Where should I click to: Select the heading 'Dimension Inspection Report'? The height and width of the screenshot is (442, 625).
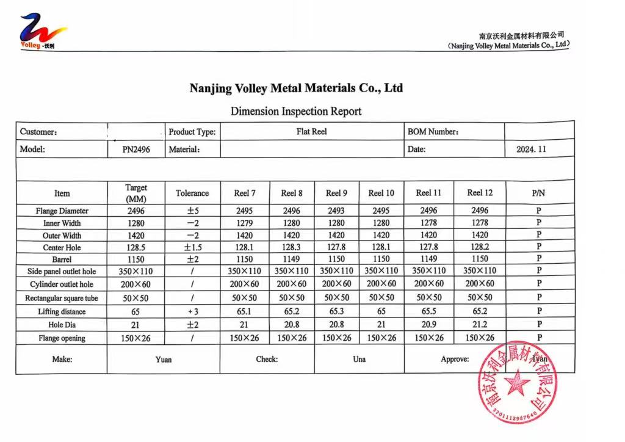pyautogui.click(x=296, y=111)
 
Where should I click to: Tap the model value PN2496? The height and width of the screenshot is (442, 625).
pyautogui.click(x=136, y=149)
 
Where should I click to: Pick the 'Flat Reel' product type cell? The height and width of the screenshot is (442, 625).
pyautogui.click(x=311, y=131)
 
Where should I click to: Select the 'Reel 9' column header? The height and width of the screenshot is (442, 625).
pyautogui.click(x=336, y=193)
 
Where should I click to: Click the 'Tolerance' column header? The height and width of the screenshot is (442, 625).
pyautogui.click(x=192, y=193)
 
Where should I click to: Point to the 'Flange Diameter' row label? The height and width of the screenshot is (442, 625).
pyautogui.click(x=62, y=211)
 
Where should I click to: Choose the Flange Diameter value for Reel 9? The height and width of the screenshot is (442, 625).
pyautogui.click(x=336, y=211)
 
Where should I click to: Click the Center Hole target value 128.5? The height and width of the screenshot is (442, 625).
pyautogui.click(x=136, y=247)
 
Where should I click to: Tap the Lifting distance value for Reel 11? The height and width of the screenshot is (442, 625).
pyautogui.click(x=428, y=311)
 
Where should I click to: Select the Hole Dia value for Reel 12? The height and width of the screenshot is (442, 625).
pyautogui.click(x=480, y=325)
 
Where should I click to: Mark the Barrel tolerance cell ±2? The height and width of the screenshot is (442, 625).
pyautogui.click(x=192, y=259)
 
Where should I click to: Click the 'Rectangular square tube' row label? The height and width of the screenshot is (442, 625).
pyautogui.click(x=62, y=299)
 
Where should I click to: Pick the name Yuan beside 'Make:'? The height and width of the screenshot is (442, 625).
pyautogui.click(x=163, y=359)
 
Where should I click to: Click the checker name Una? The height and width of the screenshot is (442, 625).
pyautogui.click(x=359, y=359)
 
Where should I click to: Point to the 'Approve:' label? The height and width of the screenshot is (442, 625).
pyautogui.click(x=455, y=359)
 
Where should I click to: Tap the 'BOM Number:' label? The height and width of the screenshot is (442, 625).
pyautogui.click(x=433, y=131)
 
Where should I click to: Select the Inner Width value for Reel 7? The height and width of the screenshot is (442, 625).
pyautogui.click(x=245, y=223)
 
